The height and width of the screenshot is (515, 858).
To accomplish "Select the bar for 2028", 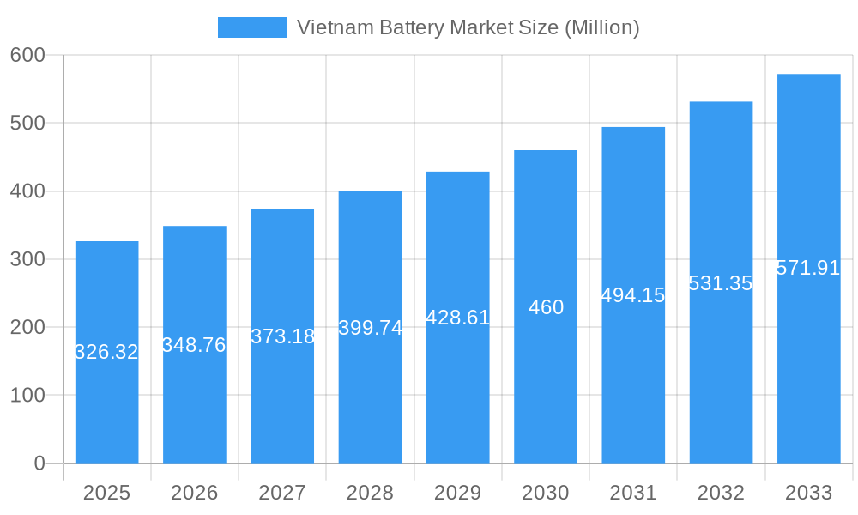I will point(370,395).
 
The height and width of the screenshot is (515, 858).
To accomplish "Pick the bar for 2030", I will point(546,386).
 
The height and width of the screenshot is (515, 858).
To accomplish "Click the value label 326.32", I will point(106,352).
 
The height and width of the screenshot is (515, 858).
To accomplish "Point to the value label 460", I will point(546,307).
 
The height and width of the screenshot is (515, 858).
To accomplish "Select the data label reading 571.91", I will point(808,268).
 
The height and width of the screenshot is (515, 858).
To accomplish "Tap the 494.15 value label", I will point(633,295).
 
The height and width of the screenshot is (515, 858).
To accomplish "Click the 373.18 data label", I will point(282,336).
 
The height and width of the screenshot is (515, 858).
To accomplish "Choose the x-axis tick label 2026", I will point(194,493).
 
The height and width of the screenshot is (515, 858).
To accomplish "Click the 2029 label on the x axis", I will point(457,493).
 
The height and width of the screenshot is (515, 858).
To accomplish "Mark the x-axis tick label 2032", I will point(721,493).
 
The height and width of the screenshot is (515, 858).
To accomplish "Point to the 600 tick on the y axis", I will point(27,55).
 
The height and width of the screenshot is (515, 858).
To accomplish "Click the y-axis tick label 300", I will point(27,259).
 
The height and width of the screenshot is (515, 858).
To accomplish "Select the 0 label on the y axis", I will point(39,463).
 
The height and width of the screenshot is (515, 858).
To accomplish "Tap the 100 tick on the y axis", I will point(27,396).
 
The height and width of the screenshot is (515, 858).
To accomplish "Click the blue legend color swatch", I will point(251,27).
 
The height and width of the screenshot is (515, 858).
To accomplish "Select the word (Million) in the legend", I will point(601,27).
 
